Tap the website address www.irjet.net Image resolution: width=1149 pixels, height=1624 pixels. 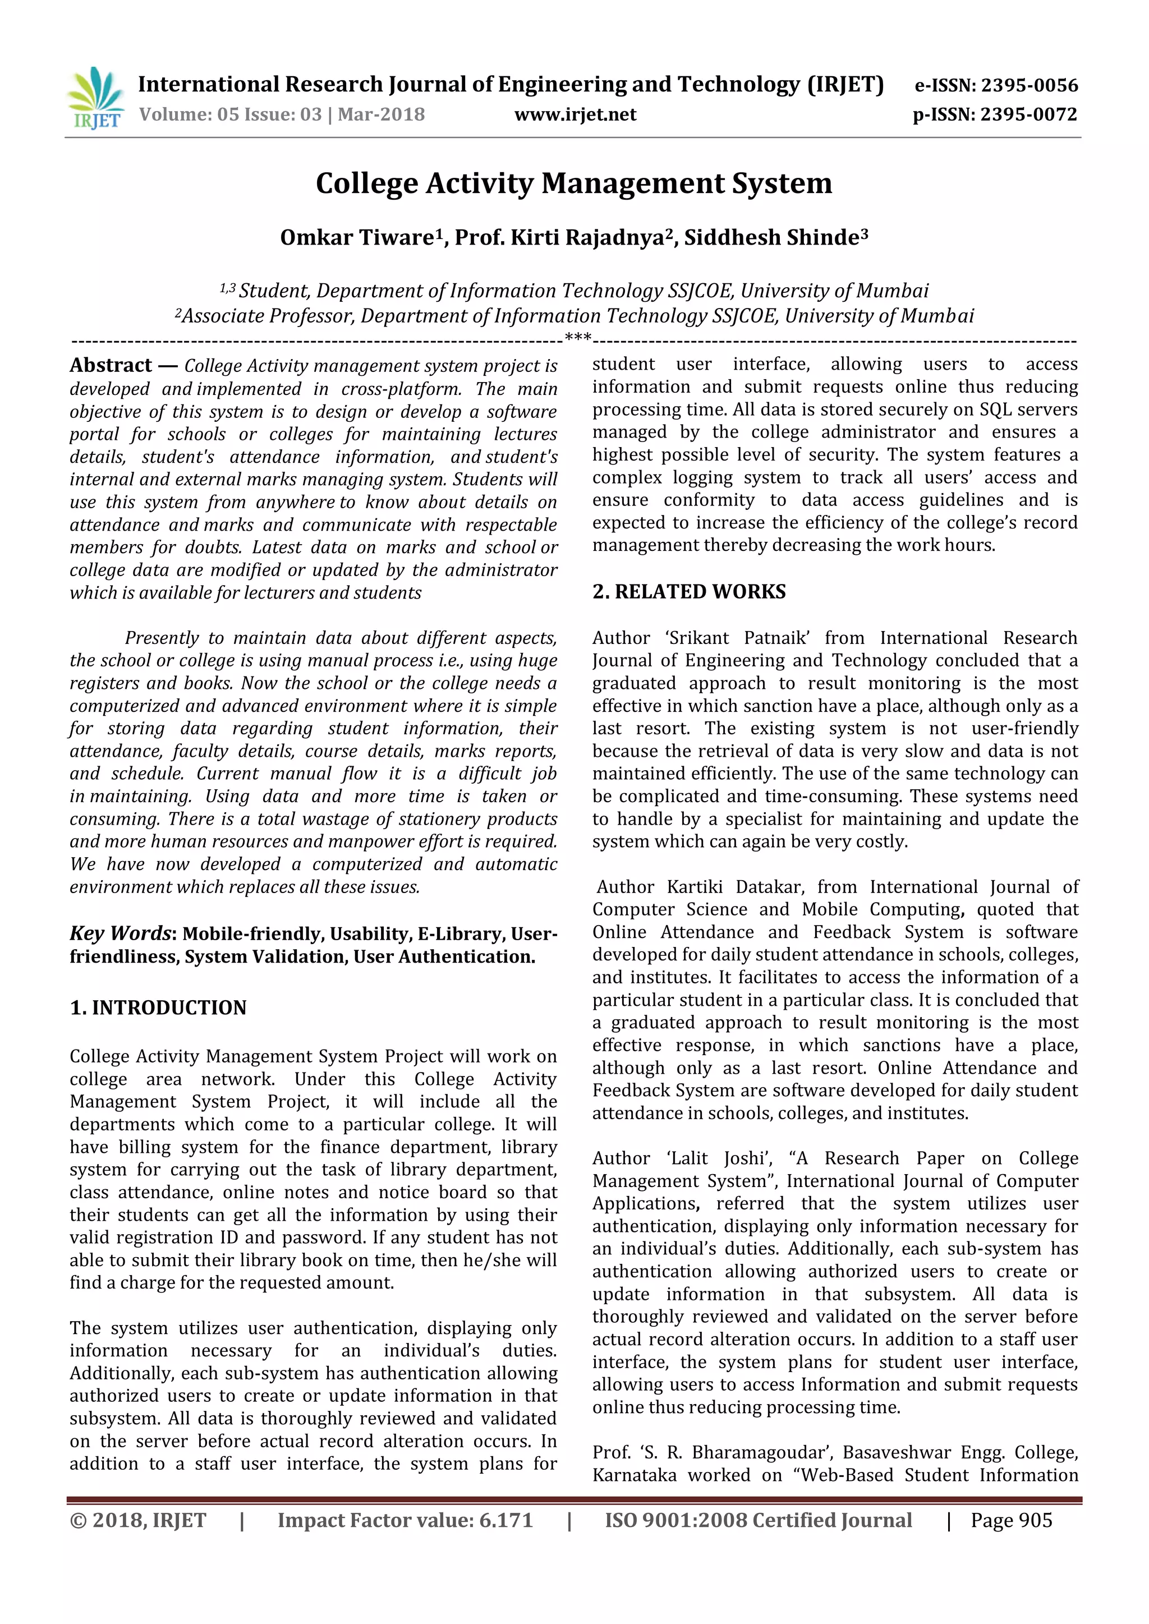575,114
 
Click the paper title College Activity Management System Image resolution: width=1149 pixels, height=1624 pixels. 574,183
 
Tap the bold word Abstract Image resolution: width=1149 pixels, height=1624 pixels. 111,366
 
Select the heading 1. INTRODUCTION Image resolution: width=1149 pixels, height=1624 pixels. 158,1007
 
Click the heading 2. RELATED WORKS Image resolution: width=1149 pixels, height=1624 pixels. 688,591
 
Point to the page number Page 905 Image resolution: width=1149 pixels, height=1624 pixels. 1011,1520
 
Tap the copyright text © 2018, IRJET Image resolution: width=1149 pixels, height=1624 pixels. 138,1520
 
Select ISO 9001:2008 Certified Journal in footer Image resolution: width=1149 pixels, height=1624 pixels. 758,1520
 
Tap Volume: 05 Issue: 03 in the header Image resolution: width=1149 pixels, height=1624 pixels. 231,114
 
